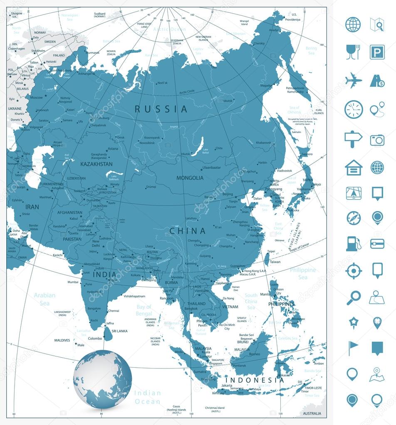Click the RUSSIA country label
(x=161, y=109)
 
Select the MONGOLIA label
(x=190, y=178)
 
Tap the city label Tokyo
(x=317, y=184)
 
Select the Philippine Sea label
(x=302, y=273)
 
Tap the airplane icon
(x=353, y=80)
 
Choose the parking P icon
(x=377, y=52)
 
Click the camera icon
(x=377, y=140)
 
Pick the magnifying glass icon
(x=353, y=297)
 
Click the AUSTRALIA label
(x=312, y=413)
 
